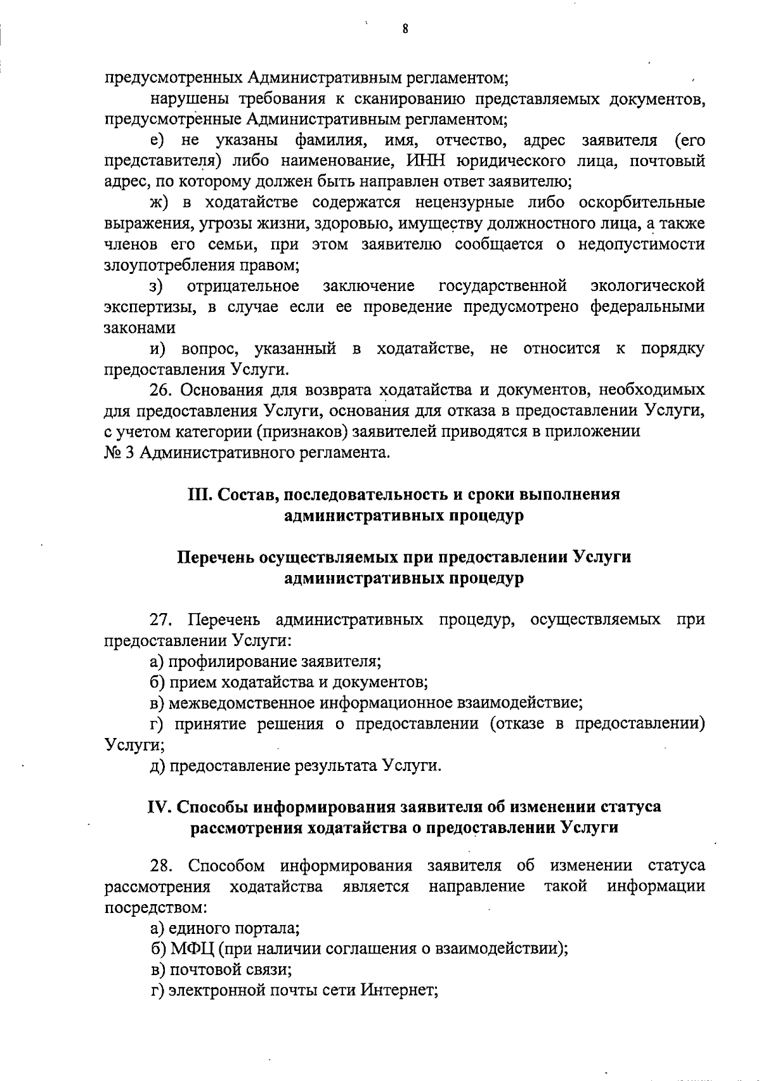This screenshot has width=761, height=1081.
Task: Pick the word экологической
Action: pos(647,286)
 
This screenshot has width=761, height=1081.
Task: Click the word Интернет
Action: pos(400,990)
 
